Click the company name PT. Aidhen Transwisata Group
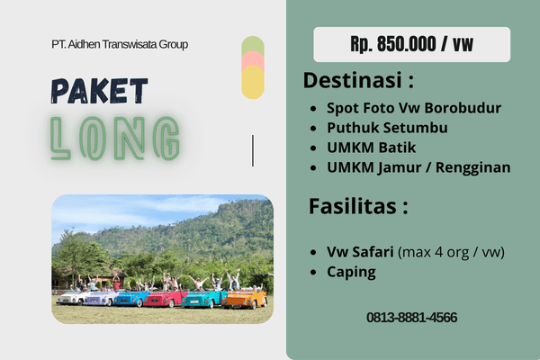[120, 44]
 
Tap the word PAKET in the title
[100, 91]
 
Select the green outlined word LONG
[115, 139]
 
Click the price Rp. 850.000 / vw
[412, 44]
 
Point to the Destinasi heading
[358, 80]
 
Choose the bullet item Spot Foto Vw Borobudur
[414, 108]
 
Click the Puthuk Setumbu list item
[387, 128]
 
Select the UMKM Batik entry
[371, 148]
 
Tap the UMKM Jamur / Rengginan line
[418, 167]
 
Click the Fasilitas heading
[358, 206]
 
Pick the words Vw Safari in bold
[360, 252]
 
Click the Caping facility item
[351, 272]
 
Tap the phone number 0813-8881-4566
[412, 318]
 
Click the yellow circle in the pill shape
[253, 82]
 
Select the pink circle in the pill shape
[253, 59]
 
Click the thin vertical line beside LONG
[253, 150]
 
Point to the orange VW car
[245, 299]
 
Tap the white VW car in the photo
[72, 298]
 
